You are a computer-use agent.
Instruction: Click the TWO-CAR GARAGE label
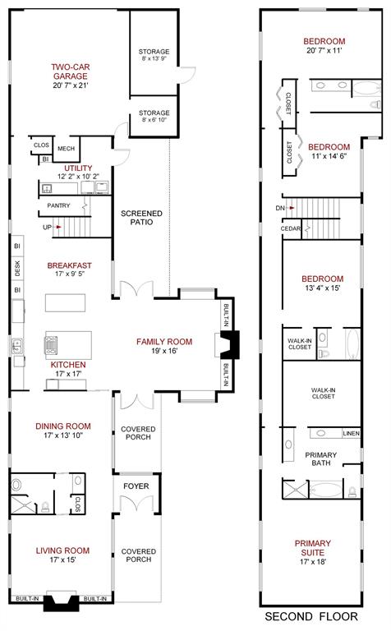click(x=69, y=71)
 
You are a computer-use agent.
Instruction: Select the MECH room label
click(x=67, y=149)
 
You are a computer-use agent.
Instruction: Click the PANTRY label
click(x=58, y=205)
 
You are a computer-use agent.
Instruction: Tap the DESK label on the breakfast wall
click(x=16, y=268)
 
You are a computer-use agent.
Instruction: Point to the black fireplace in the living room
click(x=63, y=604)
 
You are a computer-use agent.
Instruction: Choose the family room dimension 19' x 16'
click(x=163, y=351)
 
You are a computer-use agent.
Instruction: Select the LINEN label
click(x=351, y=433)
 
